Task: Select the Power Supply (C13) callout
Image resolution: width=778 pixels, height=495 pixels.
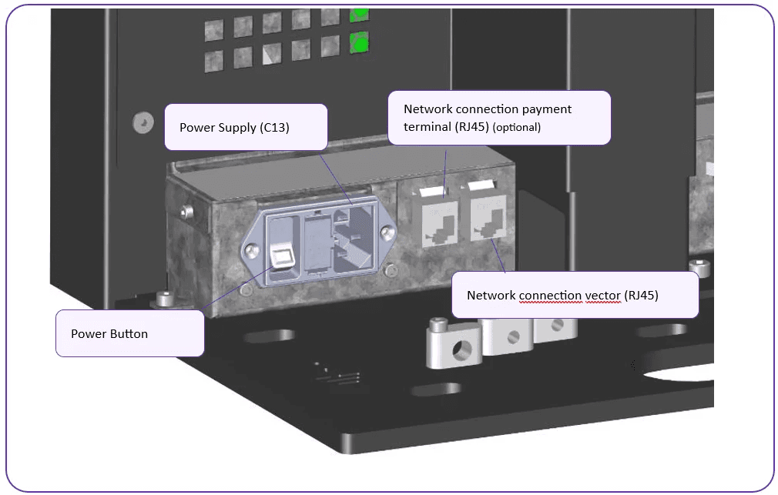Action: (246, 127)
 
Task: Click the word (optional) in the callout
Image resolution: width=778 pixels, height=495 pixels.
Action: (517, 127)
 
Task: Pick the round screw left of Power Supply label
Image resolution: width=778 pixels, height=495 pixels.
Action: (139, 121)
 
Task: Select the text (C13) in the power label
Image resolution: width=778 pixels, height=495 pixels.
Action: (274, 127)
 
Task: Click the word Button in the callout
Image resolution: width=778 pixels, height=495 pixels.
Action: (129, 333)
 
